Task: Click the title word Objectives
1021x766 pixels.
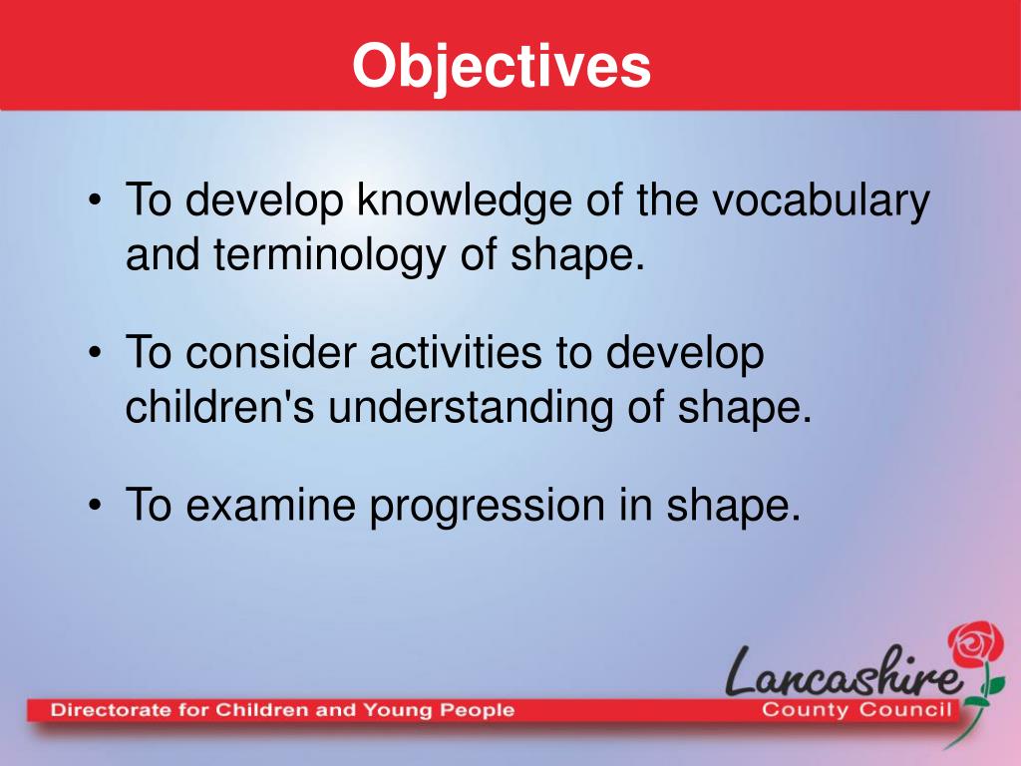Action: tap(502, 67)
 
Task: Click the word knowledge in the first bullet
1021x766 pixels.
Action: tap(463, 201)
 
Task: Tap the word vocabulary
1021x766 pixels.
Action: tap(821, 201)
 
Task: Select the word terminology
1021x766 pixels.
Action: tap(329, 256)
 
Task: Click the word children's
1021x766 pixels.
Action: tap(219, 407)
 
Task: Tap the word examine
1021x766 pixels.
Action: tap(270, 505)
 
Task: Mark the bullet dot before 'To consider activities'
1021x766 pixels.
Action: tap(95, 353)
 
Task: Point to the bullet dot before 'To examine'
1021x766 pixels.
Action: tap(95, 506)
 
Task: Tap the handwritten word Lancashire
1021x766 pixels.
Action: tap(844, 672)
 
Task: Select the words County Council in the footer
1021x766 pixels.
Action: tap(856, 709)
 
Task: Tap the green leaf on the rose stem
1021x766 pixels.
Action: tap(996, 684)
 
